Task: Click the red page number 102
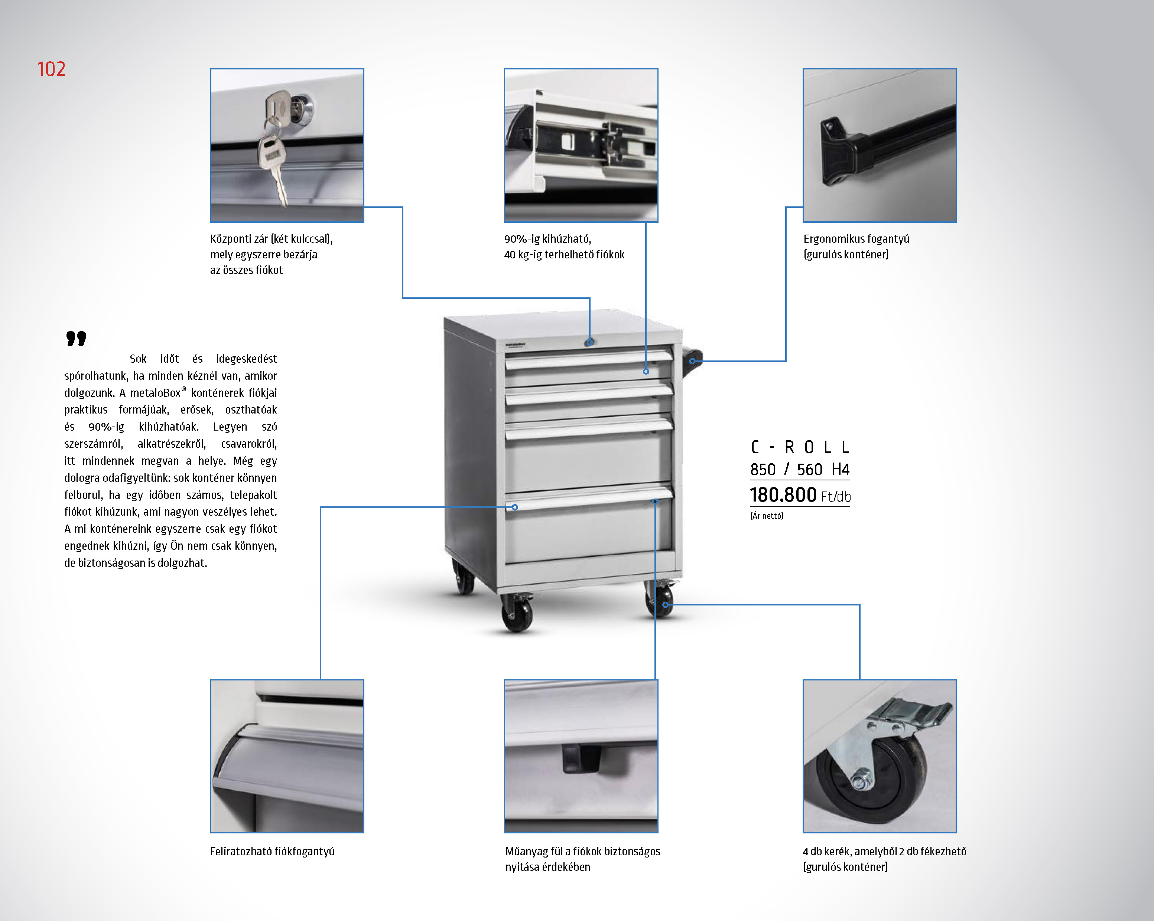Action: pos(51,69)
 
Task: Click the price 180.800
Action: pos(783,495)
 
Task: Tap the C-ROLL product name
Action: pos(800,447)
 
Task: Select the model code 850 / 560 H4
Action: pos(800,470)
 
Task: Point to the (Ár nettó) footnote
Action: pos(767,516)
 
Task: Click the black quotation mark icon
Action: pos(76,339)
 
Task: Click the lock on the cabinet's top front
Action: pos(589,342)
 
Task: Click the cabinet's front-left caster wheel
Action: pos(517,615)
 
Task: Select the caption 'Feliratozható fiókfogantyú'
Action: pos(272,851)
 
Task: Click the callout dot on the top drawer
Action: pos(646,371)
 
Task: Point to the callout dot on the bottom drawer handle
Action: pos(515,507)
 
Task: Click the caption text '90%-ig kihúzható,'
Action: pos(547,239)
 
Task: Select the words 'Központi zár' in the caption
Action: pos(239,239)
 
